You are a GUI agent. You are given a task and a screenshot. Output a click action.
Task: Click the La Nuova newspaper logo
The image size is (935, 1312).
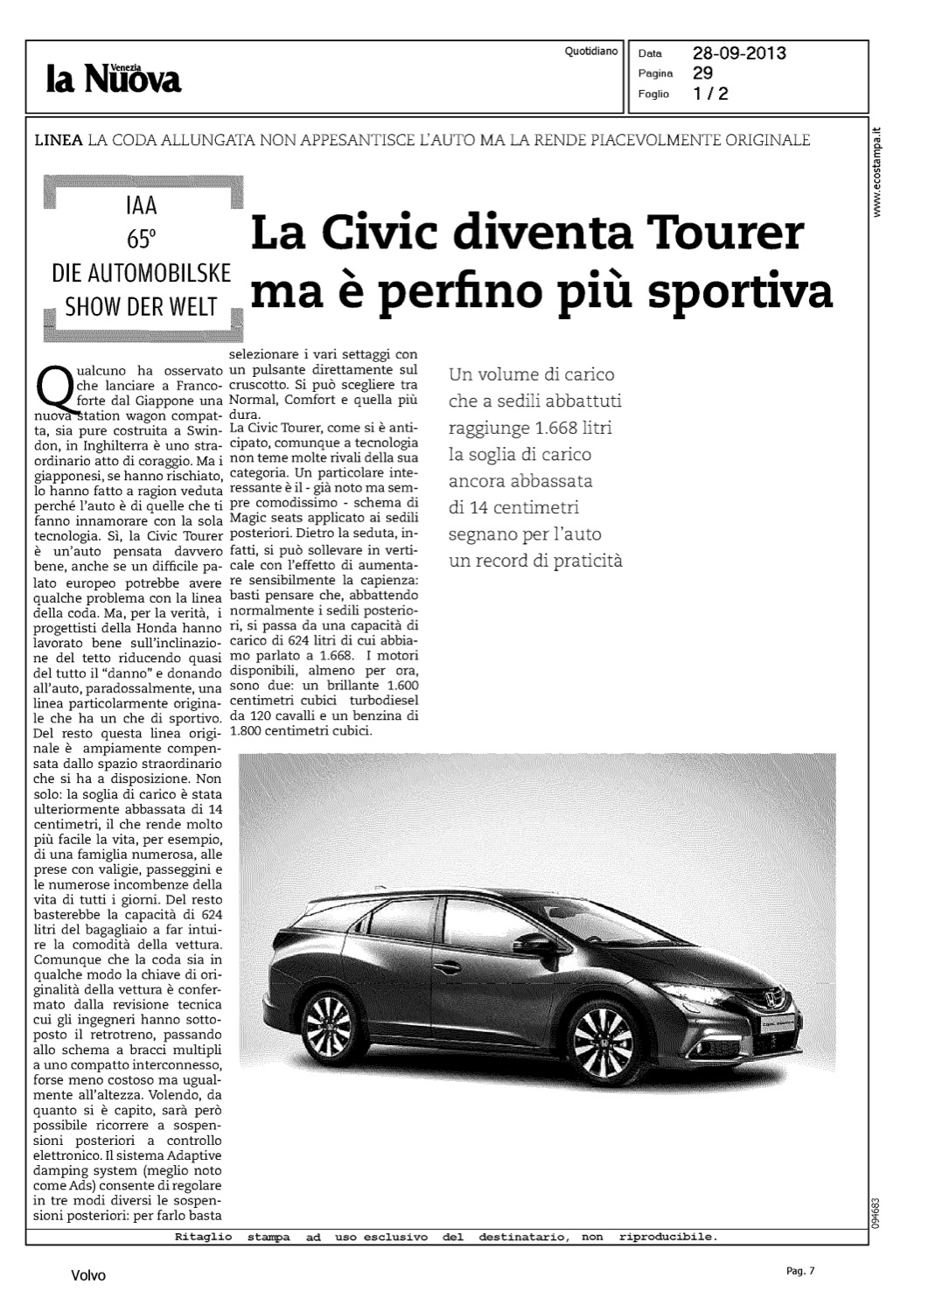(x=114, y=79)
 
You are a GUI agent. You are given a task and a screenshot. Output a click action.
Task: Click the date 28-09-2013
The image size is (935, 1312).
(x=739, y=53)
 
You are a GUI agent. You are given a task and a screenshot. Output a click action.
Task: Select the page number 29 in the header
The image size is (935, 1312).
(x=703, y=73)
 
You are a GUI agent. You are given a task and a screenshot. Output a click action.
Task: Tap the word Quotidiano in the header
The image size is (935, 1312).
(x=592, y=52)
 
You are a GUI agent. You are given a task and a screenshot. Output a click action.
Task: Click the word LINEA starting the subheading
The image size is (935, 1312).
(x=59, y=140)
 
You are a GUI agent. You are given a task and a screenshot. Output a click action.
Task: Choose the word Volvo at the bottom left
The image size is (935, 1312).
(x=88, y=1275)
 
